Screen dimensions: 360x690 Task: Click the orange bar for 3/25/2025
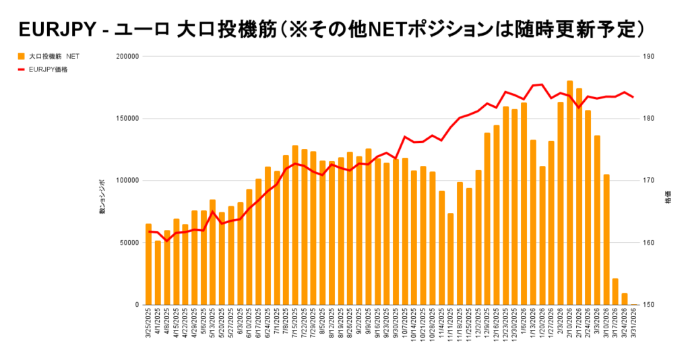pyautogui.click(x=148, y=264)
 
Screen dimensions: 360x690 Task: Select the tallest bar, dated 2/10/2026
pyautogui.click(x=570, y=193)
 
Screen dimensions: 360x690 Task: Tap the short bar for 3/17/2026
pyautogui.click(x=615, y=291)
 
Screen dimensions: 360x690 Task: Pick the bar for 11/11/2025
pyautogui.click(x=451, y=259)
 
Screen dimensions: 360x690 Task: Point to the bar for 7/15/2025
pyautogui.click(x=295, y=225)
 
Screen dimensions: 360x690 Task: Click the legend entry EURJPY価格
pyautogui.click(x=48, y=69)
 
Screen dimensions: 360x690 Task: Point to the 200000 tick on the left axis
pyautogui.click(x=127, y=57)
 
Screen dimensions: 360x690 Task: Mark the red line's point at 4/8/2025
pyautogui.click(x=166, y=241)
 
